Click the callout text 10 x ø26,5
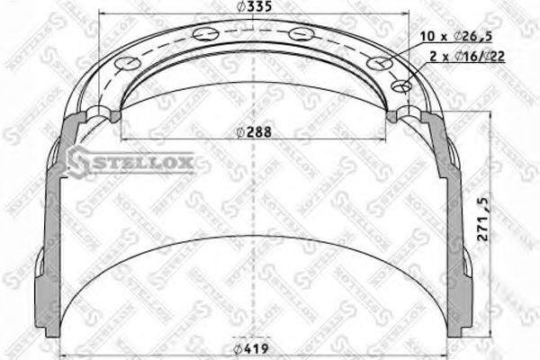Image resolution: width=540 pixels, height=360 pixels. pyautogui.click(x=457, y=36)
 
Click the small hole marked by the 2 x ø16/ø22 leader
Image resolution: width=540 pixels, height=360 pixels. pyautogui.click(x=402, y=86)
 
